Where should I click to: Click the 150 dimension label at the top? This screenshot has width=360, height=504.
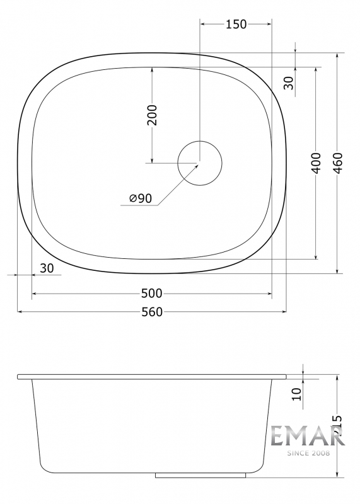236,24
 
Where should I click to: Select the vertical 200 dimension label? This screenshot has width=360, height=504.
152,115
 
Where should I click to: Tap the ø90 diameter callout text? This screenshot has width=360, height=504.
141,198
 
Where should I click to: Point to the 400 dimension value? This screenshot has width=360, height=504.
316,163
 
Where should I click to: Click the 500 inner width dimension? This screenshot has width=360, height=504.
152,294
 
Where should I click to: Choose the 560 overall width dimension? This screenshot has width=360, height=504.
152,312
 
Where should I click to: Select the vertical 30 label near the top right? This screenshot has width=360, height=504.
289,83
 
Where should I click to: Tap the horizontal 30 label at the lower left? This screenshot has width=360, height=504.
47,268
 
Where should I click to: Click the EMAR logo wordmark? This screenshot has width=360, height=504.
307,436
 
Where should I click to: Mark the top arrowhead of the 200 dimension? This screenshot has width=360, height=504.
152,69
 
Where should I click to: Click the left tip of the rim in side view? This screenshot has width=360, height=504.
18,377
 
